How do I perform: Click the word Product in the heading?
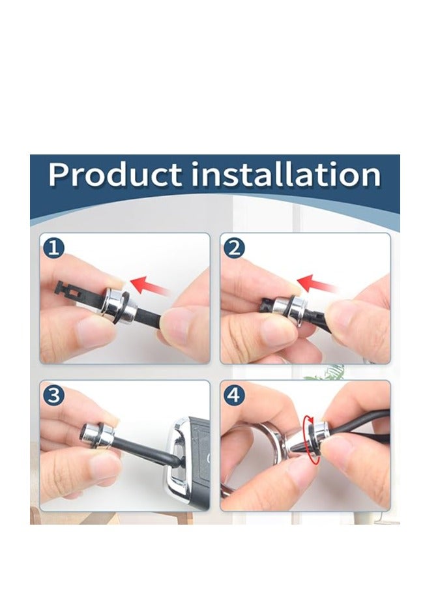[x=115, y=175]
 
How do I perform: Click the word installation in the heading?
[x=285, y=174]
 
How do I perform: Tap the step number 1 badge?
[x=53, y=248]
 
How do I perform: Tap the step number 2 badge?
[x=234, y=248]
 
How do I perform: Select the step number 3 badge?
[x=53, y=395]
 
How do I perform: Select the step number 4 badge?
[x=234, y=395]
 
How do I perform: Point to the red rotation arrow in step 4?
[x=311, y=440]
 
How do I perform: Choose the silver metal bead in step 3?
[x=98, y=435]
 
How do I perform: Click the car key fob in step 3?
[x=187, y=463]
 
